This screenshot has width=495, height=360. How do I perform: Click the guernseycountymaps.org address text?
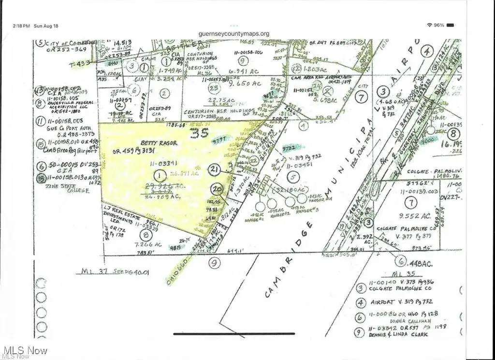(234, 34)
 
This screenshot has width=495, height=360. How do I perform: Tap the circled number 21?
(216, 169)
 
